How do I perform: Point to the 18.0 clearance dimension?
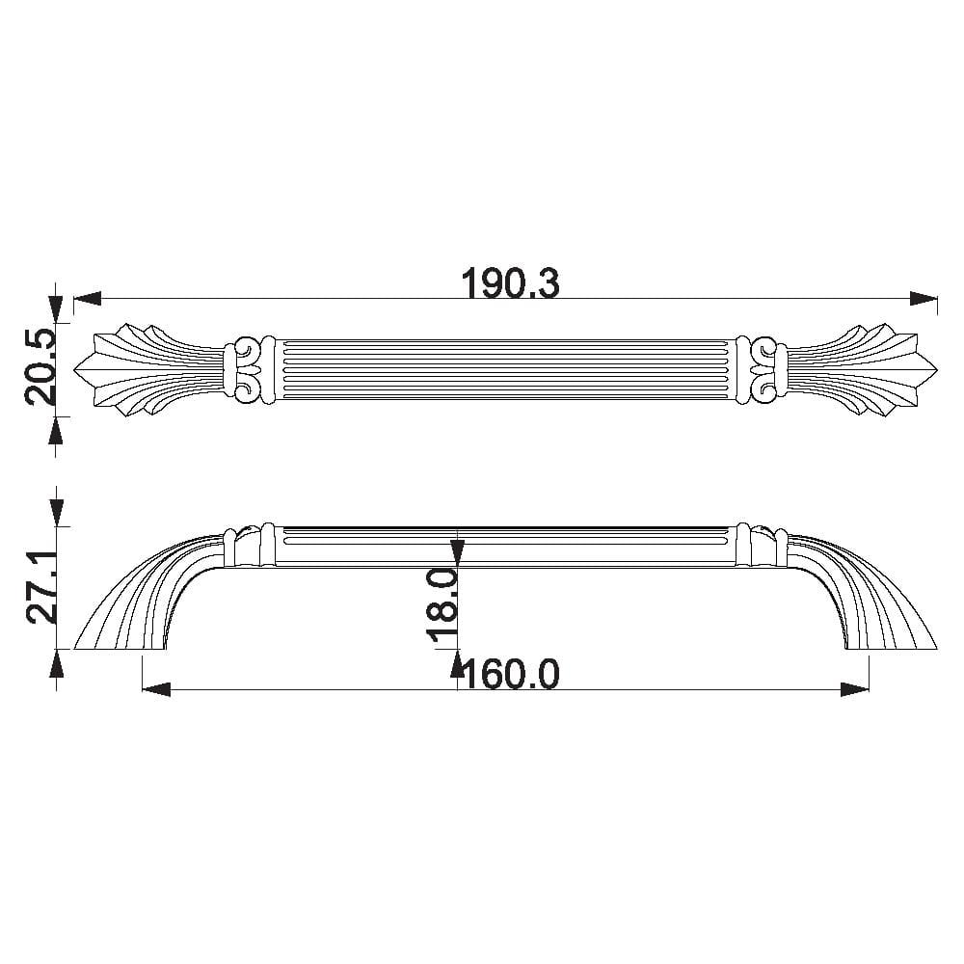(442, 605)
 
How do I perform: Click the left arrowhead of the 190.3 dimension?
(87, 300)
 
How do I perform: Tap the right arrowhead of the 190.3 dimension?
(924, 300)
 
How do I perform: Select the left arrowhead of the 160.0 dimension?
(156, 689)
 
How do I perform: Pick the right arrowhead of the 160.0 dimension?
(855, 689)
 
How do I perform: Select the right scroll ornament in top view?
(763, 370)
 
